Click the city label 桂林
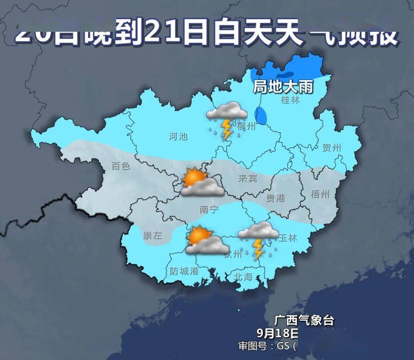pyautogui.click(x=291, y=100)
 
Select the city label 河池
pyautogui.click(x=178, y=136)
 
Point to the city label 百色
pyautogui.click(x=121, y=166)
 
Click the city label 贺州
pyautogui.click(x=332, y=147)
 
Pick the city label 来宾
pyautogui.click(x=248, y=178)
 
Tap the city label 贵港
pyautogui.click(x=276, y=198)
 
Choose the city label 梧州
pyautogui.click(x=320, y=194)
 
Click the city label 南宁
pyautogui.click(x=209, y=209)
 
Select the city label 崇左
pyautogui.click(x=153, y=236)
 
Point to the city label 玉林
pyautogui.click(x=287, y=237)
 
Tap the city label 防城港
pyautogui.click(x=184, y=271)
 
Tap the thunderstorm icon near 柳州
pyautogui.click(x=227, y=119)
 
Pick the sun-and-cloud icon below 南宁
pyautogui.click(x=206, y=241)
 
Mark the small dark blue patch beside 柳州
pyautogui.click(x=261, y=116)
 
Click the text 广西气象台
pyautogui.click(x=304, y=320)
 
